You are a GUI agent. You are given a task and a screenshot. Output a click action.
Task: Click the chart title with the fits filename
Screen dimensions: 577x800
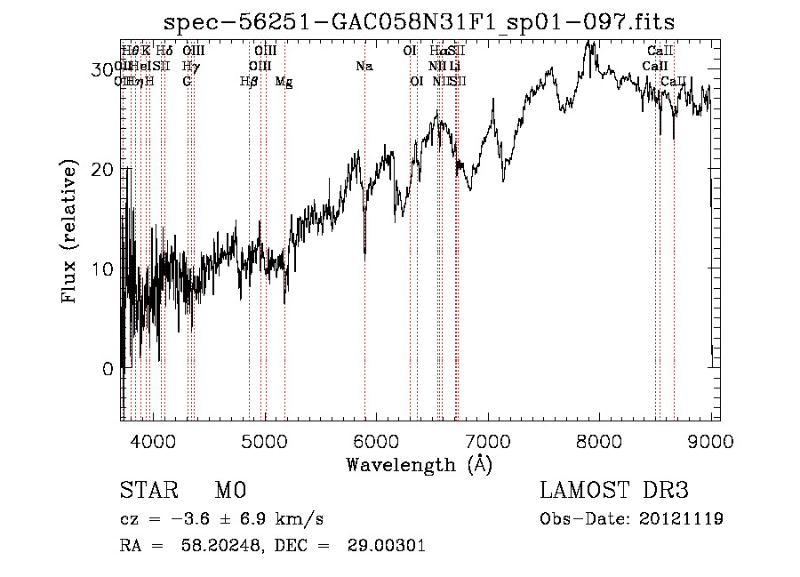(x=426, y=21)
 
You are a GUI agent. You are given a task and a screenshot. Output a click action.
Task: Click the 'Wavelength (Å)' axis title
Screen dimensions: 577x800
(x=419, y=464)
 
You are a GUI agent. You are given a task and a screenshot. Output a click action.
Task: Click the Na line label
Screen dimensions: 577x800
(x=364, y=67)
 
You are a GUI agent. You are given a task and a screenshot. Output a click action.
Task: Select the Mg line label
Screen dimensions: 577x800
(x=284, y=82)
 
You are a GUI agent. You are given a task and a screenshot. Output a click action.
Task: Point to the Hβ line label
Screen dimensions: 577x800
(x=249, y=82)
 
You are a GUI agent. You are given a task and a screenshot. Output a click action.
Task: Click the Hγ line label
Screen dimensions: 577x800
(x=189, y=67)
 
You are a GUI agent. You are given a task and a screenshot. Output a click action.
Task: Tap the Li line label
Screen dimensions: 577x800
(x=454, y=67)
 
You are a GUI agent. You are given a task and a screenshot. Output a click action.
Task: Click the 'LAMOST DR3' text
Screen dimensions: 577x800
(x=613, y=491)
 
